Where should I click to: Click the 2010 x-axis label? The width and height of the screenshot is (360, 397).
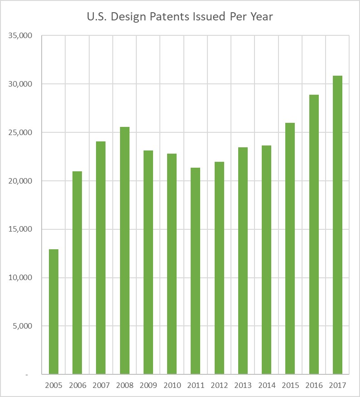pyautogui.click(x=172, y=385)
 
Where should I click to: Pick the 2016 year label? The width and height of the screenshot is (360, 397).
pyautogui.click(x=314, y=385)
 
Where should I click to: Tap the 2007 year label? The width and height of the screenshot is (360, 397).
pyautogui.click(x=101, y=385)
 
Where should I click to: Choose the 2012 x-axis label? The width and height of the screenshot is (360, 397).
pyautogui.click(x=219, y=385)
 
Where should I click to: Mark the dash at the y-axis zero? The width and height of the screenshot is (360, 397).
pyautogui.click(x=27, y=375)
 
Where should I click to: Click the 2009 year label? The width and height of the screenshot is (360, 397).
pyautogui.click(x=148, y=385)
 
